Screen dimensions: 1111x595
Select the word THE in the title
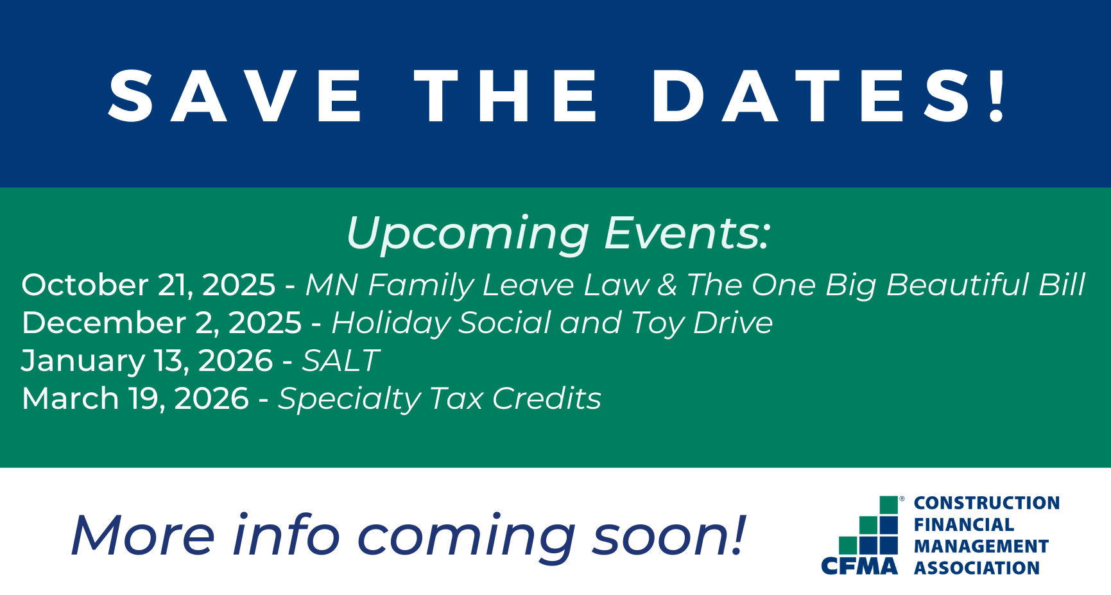[506, 96]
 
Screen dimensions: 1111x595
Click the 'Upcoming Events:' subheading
[558, 233]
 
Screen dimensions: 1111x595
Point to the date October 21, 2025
[148, 285]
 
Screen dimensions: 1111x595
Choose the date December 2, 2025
[162, 323]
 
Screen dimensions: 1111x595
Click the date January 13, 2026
[147, 361]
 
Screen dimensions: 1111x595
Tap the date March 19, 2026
[135, 399]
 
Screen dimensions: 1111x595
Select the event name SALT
[341, 361]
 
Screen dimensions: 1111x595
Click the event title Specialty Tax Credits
[440, 399]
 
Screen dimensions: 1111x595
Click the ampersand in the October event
[667, 285]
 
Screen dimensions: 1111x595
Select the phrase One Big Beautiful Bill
[918, 285]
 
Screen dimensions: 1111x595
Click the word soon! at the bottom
[669, 535]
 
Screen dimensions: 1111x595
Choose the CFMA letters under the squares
[859, 566]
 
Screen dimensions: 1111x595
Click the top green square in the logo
[888, 505]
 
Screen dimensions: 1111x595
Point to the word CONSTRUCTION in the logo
[986, 503]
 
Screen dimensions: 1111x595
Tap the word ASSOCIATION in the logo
[977, 568]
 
